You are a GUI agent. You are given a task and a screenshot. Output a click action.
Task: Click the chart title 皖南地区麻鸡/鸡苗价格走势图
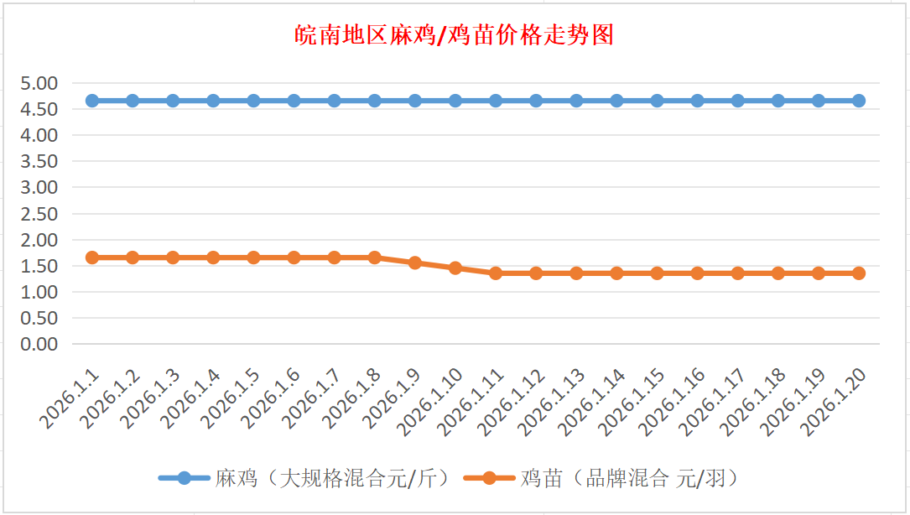pos(455,35)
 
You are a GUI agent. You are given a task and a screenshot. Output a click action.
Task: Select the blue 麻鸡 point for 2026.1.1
pos(92,101)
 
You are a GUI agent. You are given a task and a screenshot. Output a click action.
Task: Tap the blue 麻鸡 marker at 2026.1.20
pos(859,101)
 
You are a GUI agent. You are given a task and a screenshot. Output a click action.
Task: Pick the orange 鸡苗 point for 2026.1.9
pos(415,263)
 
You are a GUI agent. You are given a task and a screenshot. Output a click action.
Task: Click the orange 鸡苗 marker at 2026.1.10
pos(455,268)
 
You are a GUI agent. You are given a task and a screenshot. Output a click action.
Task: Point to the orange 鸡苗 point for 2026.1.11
pos(496,273)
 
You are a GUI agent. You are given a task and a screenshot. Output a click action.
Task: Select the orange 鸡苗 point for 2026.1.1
pos(92,257)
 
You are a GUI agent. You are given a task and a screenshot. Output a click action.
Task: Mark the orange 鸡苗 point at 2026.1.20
pos(859,273)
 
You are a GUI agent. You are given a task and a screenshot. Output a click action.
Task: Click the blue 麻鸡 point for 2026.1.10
pos(455,101)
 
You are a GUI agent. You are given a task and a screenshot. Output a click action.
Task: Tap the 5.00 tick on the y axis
pos(39,83)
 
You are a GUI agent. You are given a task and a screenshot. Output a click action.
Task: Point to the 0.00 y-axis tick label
pos(39,344)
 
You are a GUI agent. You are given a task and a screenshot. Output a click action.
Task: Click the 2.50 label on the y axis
pos(39,214)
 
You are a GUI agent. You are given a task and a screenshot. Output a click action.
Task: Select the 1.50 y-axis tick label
pos(39,266)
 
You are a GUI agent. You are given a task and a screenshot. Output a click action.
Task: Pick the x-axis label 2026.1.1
pos(70,398)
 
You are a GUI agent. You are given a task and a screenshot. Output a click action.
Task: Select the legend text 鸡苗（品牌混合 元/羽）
pos(628,479)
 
